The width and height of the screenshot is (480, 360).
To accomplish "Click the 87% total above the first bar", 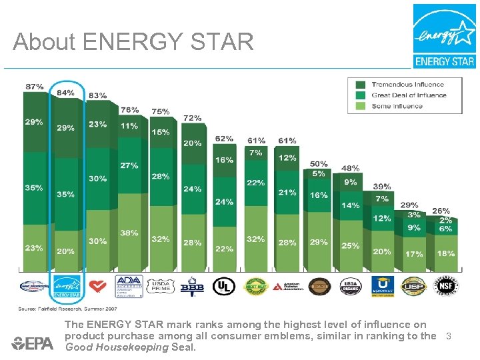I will (35, 87).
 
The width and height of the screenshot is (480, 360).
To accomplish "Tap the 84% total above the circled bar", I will (65, 93).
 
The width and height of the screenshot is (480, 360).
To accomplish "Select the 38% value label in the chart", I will (129, 233).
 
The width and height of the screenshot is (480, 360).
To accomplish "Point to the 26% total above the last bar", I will (441, 211).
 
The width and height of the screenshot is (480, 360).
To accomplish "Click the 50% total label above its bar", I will (319, 164).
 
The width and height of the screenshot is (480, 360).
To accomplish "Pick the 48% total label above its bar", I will (351, 169).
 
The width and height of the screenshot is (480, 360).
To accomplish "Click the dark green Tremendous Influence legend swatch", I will (361, 85).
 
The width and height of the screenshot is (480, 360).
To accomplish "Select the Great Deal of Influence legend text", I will (409, 95).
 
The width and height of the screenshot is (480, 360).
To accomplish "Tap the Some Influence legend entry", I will (397, 105).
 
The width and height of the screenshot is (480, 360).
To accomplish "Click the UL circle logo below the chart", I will (224, 286).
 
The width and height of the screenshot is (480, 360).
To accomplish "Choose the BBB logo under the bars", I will (193, 286).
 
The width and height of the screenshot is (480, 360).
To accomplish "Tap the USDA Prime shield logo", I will (161, 286).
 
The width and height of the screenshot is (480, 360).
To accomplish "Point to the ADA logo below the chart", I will (129, 286).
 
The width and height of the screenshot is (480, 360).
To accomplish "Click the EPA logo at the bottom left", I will (33, 343).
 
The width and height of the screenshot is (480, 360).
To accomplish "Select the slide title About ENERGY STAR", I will (133, 43).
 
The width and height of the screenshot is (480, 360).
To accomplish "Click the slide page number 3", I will (449, 337).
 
